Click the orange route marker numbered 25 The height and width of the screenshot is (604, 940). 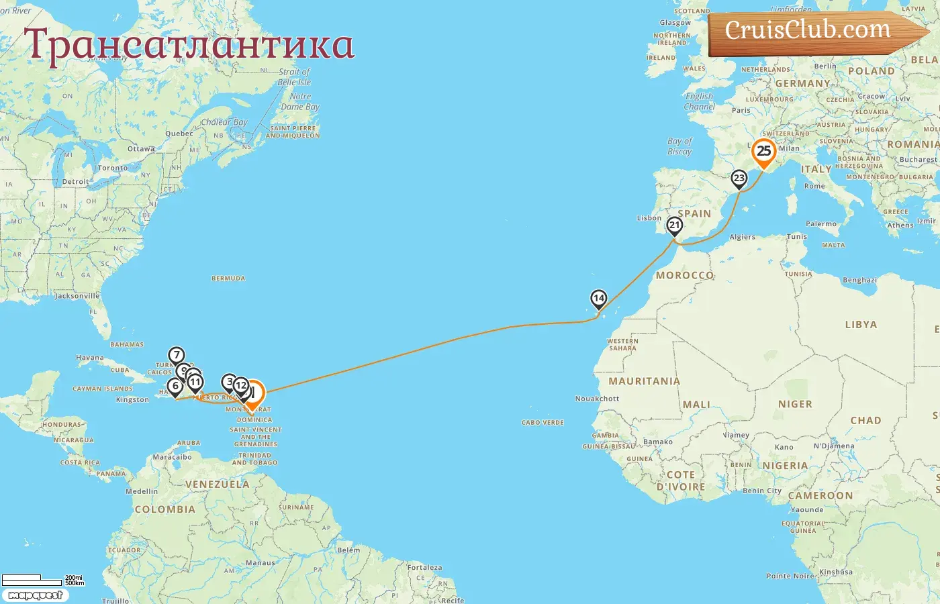(763, 152)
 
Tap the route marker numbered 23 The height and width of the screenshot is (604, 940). (739, 179)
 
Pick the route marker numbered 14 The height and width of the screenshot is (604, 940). (598, 298)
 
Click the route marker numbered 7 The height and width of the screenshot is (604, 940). (176, 356)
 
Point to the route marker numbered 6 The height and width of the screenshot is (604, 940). (175, 386)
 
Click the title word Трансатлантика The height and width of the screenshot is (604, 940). (189, 45)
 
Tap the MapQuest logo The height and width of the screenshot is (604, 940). (35, 595)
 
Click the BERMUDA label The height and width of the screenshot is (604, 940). (228, 279)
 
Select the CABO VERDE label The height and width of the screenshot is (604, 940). (543, 423)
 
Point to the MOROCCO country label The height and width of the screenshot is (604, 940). (684, 276)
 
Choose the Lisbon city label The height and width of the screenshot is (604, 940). (649, 218)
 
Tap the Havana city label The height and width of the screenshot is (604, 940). (90, 358)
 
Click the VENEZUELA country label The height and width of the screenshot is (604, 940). (217, 485)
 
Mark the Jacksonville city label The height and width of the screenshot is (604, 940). (77, 296)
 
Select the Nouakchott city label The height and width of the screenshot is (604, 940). (597, 399)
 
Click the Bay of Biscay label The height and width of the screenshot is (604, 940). (679, 146)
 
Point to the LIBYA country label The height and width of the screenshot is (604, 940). (861, 325)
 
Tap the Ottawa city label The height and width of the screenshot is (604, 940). (141, 149)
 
